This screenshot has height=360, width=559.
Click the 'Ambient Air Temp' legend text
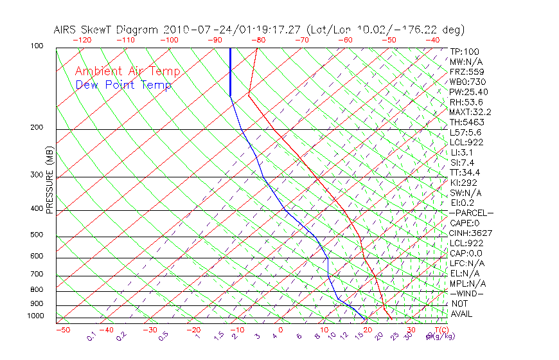point(127,71)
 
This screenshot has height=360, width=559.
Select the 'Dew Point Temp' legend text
point(123,85)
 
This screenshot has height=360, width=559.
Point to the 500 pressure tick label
point(37,235)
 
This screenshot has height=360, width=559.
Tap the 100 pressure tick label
point(37,46)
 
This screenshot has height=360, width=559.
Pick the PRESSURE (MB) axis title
point(49,180)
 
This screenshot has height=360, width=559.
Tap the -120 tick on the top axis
point(82,40)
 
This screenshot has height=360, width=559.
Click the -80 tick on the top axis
point(258,40)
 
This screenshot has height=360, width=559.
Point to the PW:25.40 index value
point(466,92)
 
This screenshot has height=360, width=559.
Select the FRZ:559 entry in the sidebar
point(464,71)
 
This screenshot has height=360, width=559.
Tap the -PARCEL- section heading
point(471,213)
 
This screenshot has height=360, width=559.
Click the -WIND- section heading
point(466,293)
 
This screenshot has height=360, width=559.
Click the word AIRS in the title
point(66,30)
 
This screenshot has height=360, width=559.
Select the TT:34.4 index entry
point(464,172)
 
